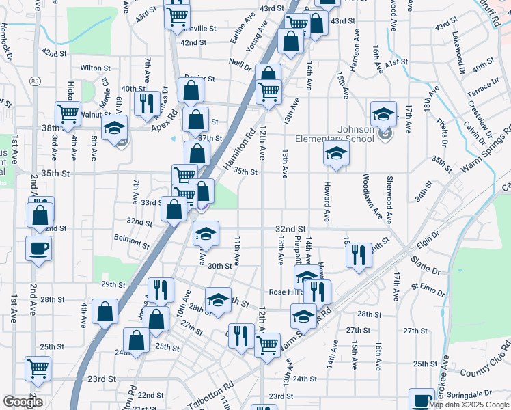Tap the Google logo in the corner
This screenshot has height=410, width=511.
[23, 402]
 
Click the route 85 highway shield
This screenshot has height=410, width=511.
[34, 82]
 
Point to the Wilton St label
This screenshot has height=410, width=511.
[95, 68]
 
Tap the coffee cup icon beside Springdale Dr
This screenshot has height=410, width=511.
[422, 400]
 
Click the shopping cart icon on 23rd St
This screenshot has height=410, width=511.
[38, 368]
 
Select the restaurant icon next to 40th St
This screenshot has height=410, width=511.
[147, 102]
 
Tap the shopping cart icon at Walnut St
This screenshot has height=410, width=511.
[68, 113]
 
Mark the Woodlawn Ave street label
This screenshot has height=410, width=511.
[367, 199]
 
